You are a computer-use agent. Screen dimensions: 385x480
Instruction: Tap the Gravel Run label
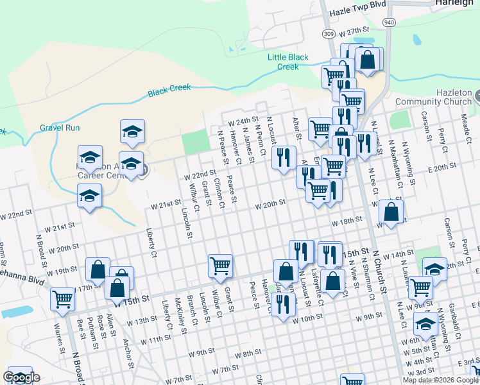(x=60, y=128)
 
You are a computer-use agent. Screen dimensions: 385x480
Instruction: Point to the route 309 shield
(x=328, y=33)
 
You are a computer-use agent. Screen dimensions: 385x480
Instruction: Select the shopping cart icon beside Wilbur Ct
(x=220, y=266)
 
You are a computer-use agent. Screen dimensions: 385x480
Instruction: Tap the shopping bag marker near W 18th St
(x=391, y=211)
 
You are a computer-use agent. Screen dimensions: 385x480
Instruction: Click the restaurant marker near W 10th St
(x=282, y=303)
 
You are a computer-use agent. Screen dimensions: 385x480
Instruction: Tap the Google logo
(x=21, y=377)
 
